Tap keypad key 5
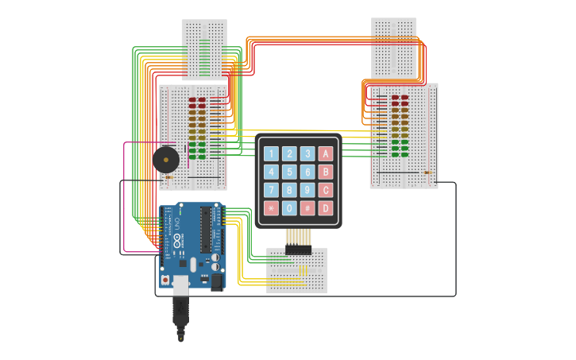[x=289, y=172]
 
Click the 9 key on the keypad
[x=307, y=190]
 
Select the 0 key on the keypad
[x=289, y=208]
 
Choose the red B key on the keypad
[x=326, y=172]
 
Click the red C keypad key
[x=326, y=190]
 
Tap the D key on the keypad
[x=326, y=208]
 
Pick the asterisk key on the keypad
[x=271, y=208]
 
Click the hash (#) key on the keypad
[x=307, y=208]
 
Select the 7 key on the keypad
[x=271, y=190]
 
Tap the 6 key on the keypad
[x=307, y=172]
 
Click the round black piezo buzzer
[x=165, y=159]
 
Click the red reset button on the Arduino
[x=165, y=280]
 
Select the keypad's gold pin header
[x=298, y=237]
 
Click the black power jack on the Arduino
[x=216, y=281]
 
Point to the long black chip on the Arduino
[x=206, y=230]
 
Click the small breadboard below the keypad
[x=296, y=271]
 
